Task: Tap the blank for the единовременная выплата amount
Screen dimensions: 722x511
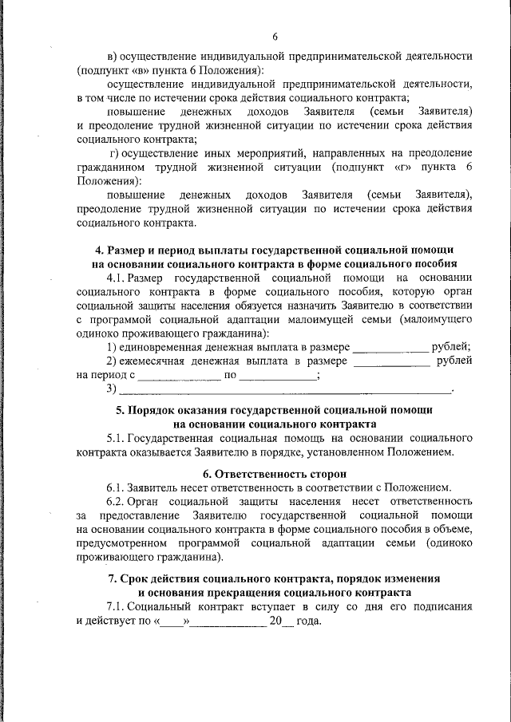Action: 390,349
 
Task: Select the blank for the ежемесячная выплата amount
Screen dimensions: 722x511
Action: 391,363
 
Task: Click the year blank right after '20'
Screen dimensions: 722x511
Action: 290,623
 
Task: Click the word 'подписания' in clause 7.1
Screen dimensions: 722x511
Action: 442,606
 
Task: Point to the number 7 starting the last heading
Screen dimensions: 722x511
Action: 111,578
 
